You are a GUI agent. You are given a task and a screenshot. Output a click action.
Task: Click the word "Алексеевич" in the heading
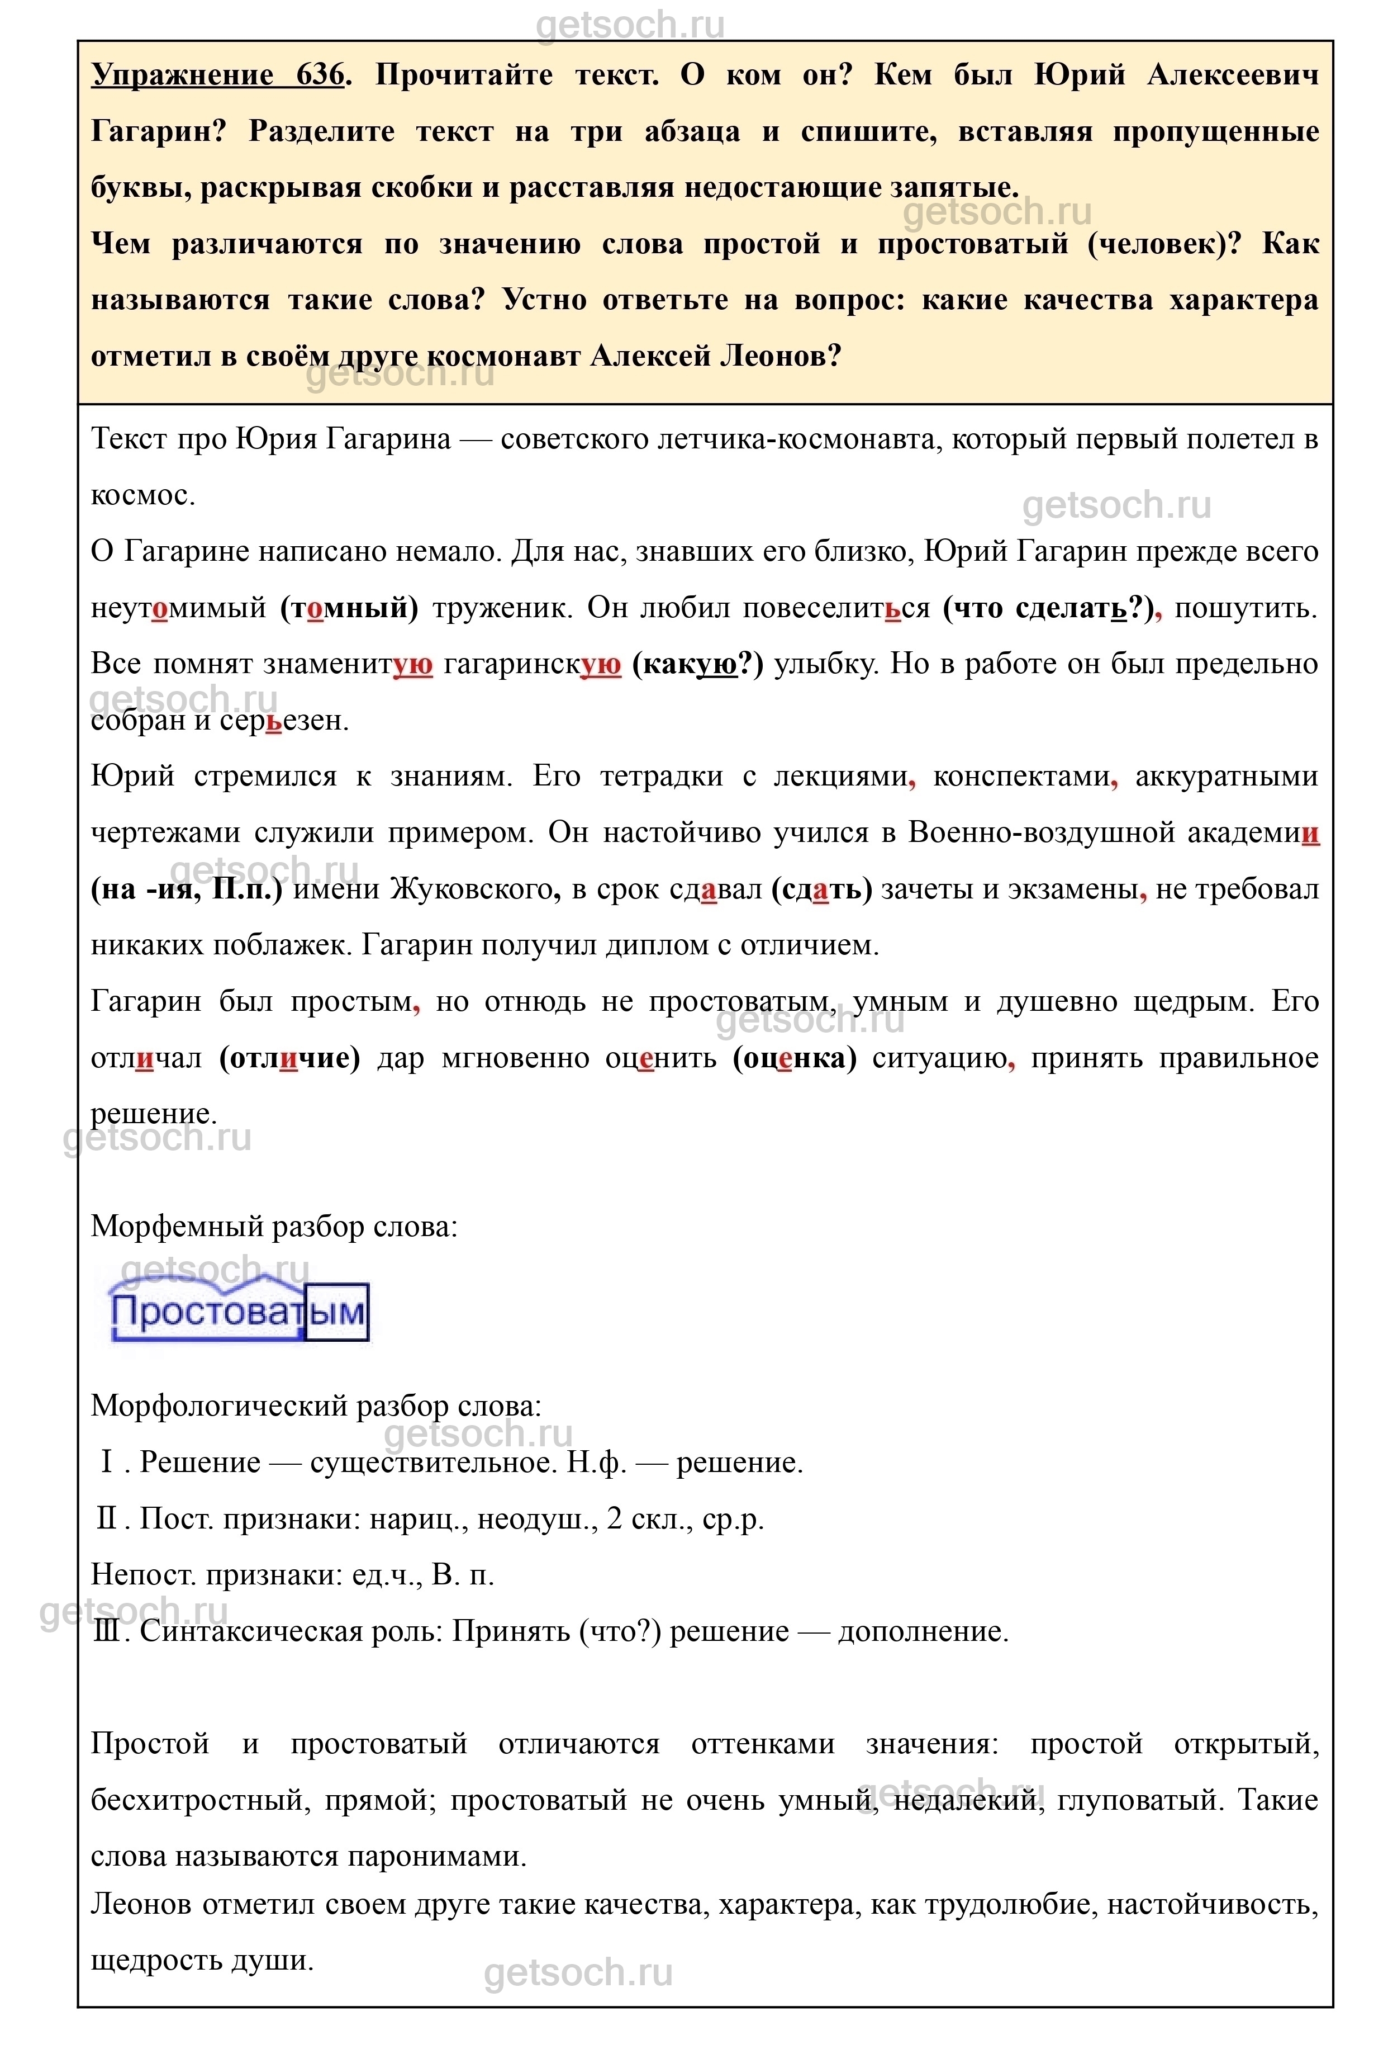(x=1232, y=75)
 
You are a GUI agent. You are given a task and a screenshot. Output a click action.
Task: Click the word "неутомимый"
(x=178, y=608)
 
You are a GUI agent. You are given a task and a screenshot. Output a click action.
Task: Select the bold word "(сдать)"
(x=820, y=889)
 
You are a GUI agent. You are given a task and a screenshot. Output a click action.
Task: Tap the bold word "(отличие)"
(x=289, y=1058)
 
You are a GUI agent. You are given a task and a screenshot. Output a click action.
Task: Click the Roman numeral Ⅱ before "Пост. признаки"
(x=107, y=1519)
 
